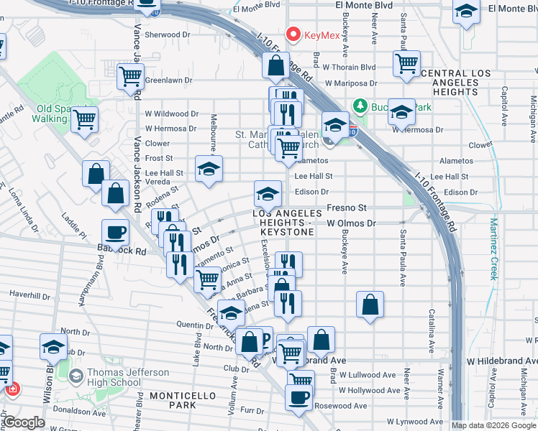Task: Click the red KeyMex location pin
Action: click(x=293, y=34)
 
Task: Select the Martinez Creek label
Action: click(x=493, y=247)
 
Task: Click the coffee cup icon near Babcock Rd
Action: click(x=115, y=232)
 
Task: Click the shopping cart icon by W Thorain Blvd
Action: click(x=406, y=63)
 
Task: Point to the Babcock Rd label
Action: click(x=121, y=251)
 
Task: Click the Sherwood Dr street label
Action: click(x=167, y=34)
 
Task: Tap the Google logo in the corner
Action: click(x=24, y=422)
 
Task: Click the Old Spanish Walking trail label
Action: click(x=51, y=113)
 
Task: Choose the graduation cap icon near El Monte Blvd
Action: click(x=466, y=11)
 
